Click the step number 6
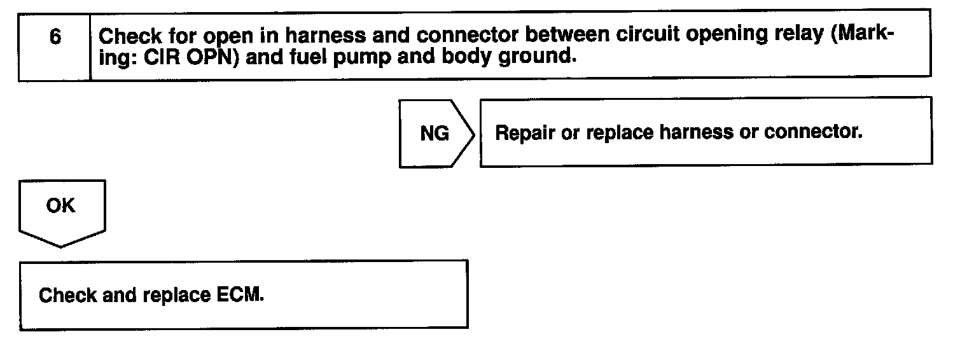[x=55, y=38]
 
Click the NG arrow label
[x=434, y=134]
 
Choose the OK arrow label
[x=60, y=206]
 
